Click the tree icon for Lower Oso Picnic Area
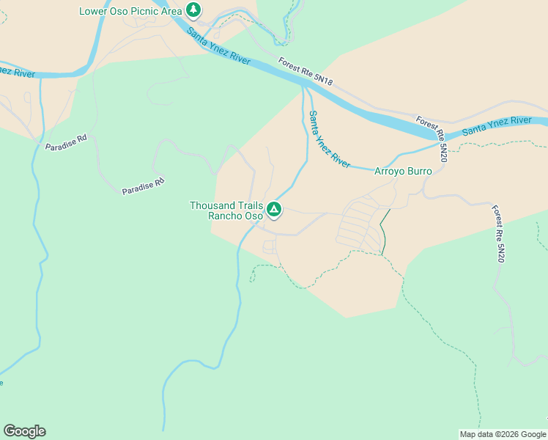point(193,10)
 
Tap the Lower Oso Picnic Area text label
point(130,11)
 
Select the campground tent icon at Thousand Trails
point(274,210)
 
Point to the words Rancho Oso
point(235,216)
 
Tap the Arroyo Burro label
point(403,171)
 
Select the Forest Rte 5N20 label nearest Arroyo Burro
point(432,139)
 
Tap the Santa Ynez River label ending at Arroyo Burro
point(329,139)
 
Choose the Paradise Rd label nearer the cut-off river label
point(65,142)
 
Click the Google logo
point(24,430)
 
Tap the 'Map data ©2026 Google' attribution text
point(503,434)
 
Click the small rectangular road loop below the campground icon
point(269,246)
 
